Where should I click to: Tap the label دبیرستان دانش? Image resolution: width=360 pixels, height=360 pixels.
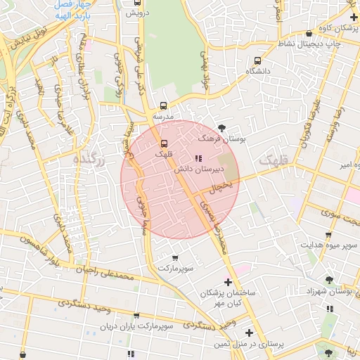point(220,169)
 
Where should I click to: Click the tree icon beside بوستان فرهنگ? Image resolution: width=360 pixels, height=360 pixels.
point(222,128)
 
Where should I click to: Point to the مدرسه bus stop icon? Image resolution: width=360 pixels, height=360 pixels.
point(164,105)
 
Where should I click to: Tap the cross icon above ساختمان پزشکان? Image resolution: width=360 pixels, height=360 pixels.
point(227,282)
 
